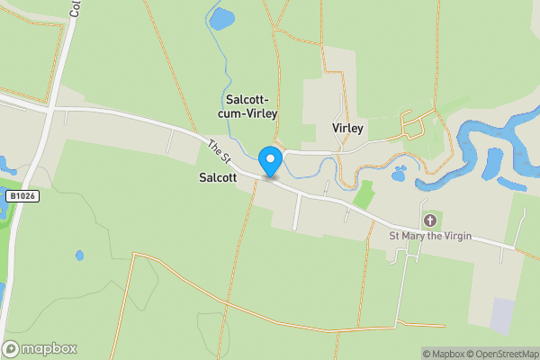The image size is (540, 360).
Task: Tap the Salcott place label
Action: click(x=218, y=178)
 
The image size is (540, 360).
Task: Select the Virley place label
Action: click(x=347, y=129)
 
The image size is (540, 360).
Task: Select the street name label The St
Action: click(x=220, y=151)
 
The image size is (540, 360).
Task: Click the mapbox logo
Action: click(x=40, y=348)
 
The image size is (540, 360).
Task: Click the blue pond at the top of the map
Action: click(x=221, y=18)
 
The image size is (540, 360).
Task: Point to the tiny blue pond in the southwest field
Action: click(x=79, y=256)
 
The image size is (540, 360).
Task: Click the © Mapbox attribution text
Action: click(x=443, y=354)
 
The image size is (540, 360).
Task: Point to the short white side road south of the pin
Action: click(x=298, y=211)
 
